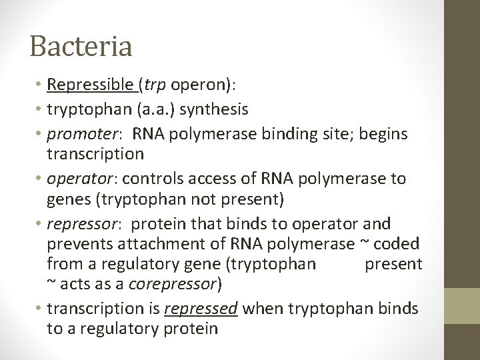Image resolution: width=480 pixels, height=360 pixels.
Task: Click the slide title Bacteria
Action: point(81,47)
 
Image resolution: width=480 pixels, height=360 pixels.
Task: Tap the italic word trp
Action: point(154,86)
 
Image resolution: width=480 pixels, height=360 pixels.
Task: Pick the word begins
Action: point(393,134)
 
